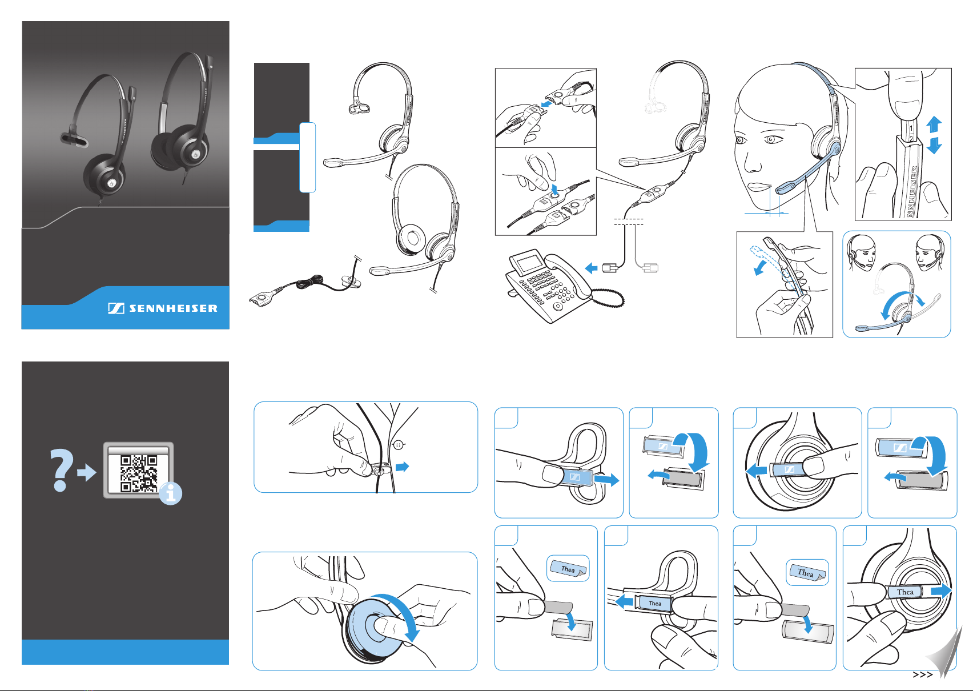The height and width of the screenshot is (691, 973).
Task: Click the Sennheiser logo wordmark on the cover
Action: (174, 308)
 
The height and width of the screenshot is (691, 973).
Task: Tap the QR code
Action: (139, 473)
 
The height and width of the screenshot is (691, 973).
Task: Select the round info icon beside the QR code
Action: (171, 494)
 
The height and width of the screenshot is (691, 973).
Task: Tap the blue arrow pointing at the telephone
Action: (592, 268)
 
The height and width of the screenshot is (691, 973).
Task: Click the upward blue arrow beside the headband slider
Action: (934, 124)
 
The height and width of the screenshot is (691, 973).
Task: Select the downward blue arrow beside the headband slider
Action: (934, 146)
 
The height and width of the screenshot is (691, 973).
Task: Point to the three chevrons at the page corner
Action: (923, 674)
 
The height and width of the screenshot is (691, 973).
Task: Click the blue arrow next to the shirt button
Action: (403, 467)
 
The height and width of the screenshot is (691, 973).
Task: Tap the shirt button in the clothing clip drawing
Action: (399, 445)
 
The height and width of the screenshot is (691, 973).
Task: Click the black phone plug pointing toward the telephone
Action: (610, 268)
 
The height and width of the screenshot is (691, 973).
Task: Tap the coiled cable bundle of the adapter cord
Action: (309, 283)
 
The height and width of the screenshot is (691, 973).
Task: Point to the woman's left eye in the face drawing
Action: (771, 139)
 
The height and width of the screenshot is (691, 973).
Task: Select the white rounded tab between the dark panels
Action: (307, 157)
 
